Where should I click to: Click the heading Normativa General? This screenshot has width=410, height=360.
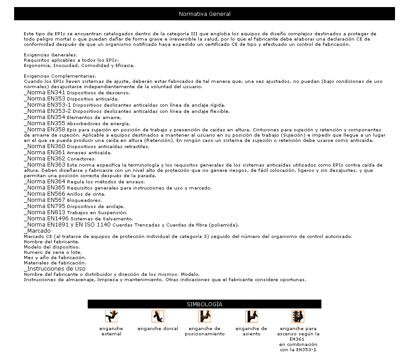205,14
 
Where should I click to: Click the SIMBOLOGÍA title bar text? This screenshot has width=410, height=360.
205,304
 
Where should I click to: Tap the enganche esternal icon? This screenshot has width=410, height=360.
112,316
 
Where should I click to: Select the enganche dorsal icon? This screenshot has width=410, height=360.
158,316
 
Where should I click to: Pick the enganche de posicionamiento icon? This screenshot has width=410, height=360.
205,316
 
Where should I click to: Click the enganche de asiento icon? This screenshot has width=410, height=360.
251,316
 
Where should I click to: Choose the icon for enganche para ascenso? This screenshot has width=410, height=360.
298,316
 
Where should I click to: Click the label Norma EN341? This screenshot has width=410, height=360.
45,93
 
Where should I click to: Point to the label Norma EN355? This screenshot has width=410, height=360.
45,123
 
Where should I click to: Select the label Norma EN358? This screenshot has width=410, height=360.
45,130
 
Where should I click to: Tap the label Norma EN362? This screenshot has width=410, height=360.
45,158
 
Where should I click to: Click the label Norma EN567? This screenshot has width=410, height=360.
45,200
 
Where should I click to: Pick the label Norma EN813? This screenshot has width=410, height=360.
45,212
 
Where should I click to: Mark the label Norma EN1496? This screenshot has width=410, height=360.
46,218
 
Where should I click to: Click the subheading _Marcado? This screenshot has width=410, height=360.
37,230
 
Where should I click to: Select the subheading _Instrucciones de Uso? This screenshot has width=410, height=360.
55,268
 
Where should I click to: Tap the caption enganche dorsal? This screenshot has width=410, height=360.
158,329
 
